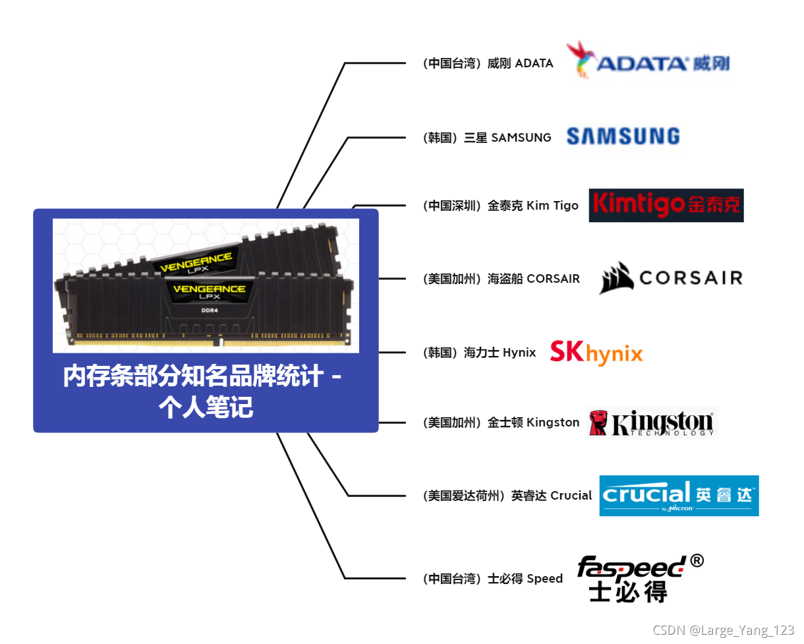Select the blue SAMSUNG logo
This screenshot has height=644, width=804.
[x=623, y=136]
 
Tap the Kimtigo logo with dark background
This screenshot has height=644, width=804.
[x=666, y=206]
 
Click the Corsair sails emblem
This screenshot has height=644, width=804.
[x=616, y=278]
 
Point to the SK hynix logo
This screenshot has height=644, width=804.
[x=596, y=352]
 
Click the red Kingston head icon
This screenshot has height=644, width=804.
[x=598, y=423]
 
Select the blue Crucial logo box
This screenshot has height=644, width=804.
[x=679, y=496]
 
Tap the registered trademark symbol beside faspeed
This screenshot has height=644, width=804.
[x=697, y=561]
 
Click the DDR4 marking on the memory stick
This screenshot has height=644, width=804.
[x=208, y=310]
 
